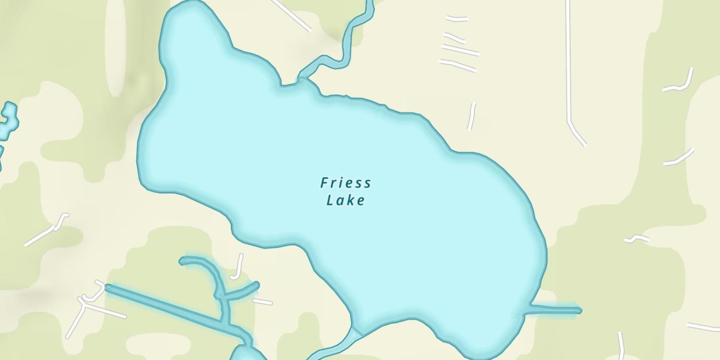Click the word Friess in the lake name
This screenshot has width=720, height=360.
point(346,183)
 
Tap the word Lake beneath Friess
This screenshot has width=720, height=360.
point(346,200)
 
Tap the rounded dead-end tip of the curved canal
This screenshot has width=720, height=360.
point(182,261)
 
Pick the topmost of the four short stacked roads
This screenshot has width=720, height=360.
point(456,19)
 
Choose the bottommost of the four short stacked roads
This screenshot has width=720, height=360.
point(458,65)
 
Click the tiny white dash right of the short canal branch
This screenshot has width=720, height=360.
point(263,301)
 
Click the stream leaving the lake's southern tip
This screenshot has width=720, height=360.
point(336,348)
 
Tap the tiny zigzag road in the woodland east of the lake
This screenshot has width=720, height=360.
point(637,238)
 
